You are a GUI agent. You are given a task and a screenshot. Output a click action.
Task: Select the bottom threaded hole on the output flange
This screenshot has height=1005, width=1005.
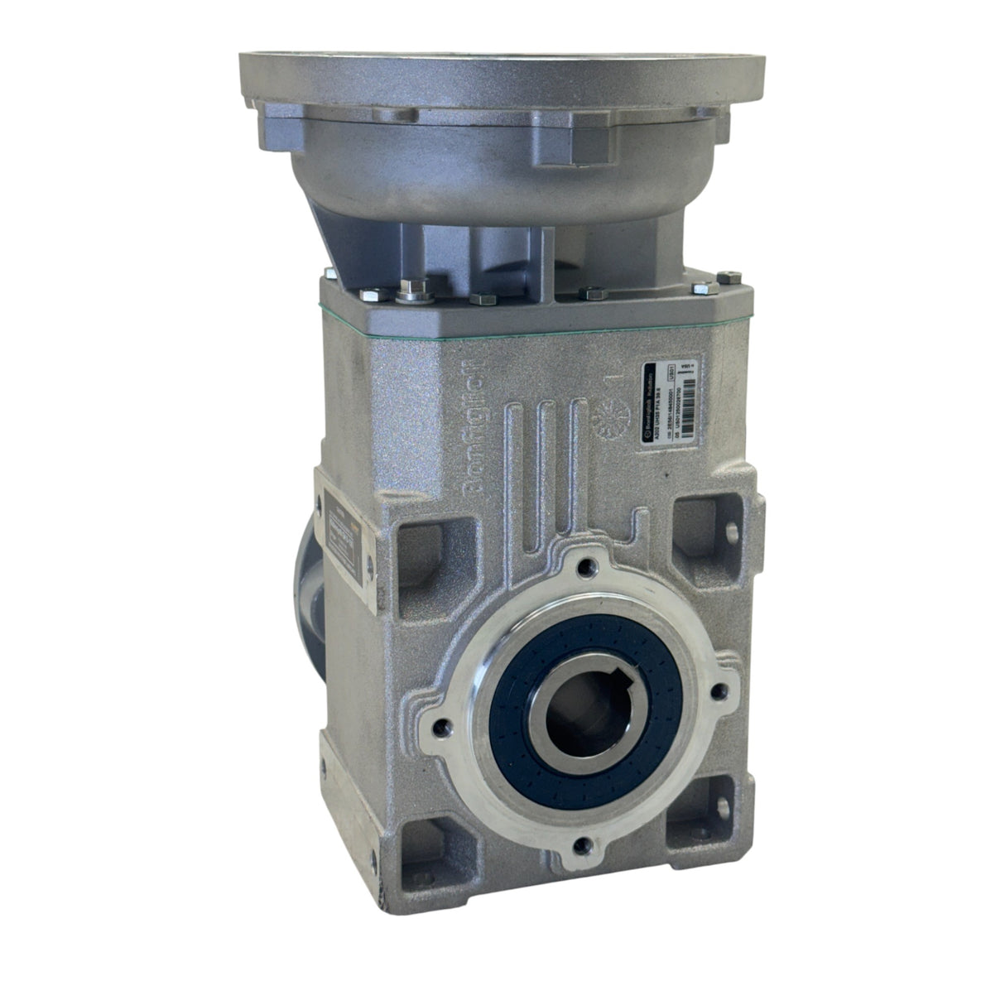tap(584, 845)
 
